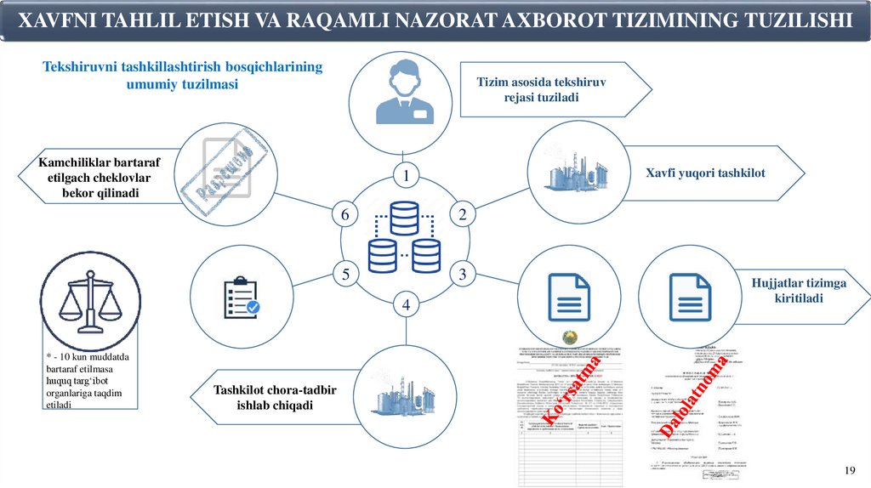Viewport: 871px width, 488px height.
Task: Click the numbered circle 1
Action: click(x=407, y=176)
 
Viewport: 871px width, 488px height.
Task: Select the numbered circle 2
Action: click(x=463, y=215)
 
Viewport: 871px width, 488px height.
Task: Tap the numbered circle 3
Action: click(x=463, y=275)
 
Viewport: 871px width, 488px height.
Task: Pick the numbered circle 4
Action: click(x=407, y=304)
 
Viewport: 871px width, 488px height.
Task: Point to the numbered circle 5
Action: click(x=345, y=275)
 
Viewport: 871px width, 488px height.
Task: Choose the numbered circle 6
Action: click(x=345, y=215)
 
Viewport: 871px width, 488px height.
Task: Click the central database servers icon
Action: click(x=405, y=237)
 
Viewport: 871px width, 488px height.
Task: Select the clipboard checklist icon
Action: click(x=242, y=298)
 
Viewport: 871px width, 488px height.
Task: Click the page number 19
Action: click(x=849, y=471)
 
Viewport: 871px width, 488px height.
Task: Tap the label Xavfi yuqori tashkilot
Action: click(x=705, y=173)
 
